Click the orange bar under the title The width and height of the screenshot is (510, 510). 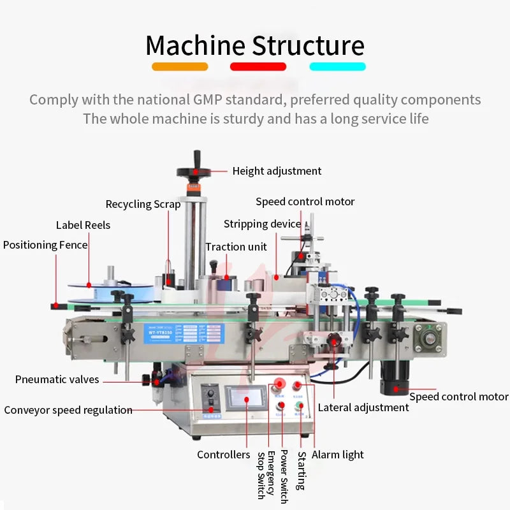pyautogui.click(x=180, y=66)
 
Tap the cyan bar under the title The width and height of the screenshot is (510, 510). pyautogui.click(x=337, y=66)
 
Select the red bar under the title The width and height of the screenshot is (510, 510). pyautogui.click(x=258, y=66)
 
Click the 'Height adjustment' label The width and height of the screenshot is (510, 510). pyautogui.click(x=277, y=171)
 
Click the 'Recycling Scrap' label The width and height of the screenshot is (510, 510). pyautogui.click(x=143, y=205)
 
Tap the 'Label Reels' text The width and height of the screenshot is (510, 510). pyautogui.click(x=83, y=225)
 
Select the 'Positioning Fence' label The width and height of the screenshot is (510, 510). pyautogui.click(x=45, y=245)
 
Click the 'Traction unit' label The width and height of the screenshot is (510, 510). pyautogui.click(x=236, y=247)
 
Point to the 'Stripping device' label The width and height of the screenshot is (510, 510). pyautogui.click(x=262, y=224)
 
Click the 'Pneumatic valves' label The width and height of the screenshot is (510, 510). pyautogui.click(x=57, y=379)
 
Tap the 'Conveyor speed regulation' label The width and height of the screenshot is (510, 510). pyautogui.click(x=68, y=410)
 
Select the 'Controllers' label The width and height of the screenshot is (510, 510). pyautogui.click(x=223, y=455)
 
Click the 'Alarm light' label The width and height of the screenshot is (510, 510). pyautogui.click(x=338, y=455)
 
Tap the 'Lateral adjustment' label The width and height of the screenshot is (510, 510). pyautogui.click(x=363, y=407)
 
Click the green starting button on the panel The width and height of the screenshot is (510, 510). pyautogui.click(x=298, y=405)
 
